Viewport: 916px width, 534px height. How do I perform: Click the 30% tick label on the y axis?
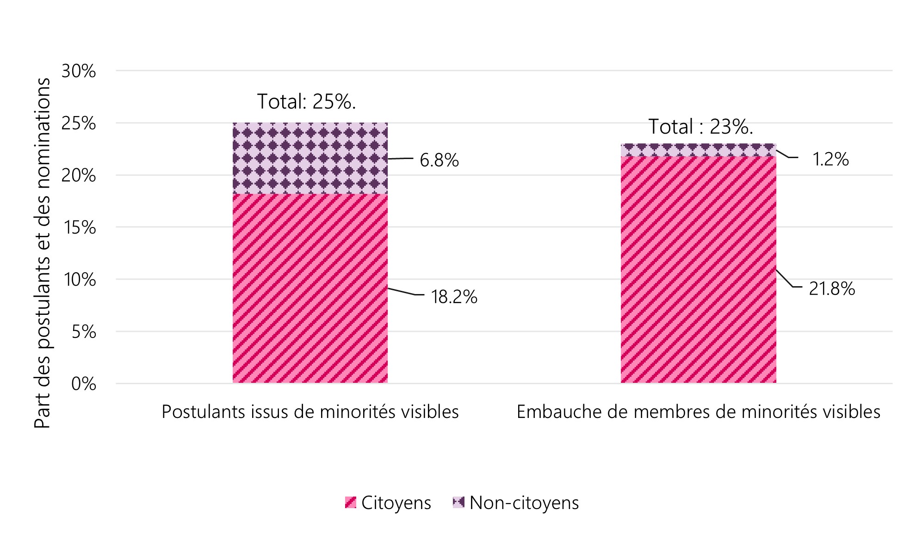pos(79,71)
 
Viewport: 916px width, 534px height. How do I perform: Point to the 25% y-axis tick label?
pos(79,123)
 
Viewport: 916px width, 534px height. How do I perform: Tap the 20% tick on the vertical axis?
pos(79,176)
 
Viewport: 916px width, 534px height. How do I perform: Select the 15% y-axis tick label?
pos(80,227)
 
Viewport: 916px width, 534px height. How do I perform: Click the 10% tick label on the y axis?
pos(80,280)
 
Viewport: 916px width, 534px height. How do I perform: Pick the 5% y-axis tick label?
pos(84,332)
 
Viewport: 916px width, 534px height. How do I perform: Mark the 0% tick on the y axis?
pos(84,384)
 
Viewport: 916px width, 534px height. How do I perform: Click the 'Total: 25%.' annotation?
pos(306,102)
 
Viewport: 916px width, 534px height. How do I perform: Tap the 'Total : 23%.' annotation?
pos(700,127)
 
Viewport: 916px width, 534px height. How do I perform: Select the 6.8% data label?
pos(439,160)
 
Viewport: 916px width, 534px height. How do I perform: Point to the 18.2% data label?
pos(454,297)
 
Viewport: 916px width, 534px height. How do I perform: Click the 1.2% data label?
pos(830,160)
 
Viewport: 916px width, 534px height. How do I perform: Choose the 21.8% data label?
pos(831,289)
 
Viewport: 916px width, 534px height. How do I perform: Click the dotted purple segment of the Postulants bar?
pos(310,158)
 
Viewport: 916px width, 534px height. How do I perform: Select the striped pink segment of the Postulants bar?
pos(310,288)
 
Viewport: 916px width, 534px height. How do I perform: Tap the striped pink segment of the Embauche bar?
pos(698,270)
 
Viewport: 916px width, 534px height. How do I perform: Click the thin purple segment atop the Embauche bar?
pos(698,150)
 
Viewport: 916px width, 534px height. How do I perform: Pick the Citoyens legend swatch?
pos(351,503)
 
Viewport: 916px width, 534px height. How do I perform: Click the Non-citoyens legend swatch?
pos(458,503)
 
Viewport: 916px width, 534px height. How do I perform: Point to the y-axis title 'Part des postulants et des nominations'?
pos(43,253)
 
